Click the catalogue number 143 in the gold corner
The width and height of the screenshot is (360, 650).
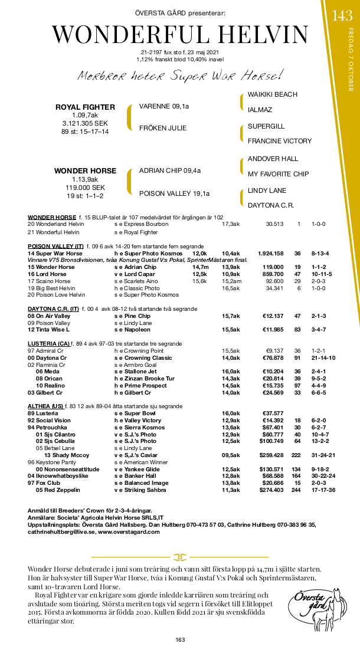pyautogui.click(x=342, y=16)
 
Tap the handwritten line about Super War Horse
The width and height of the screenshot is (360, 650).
pyautogui.click(x=179, y=76)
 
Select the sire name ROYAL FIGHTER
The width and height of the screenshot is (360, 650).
pyautogui.click(x=85, y=107)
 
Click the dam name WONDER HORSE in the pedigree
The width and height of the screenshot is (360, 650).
pyautogui.click(x=85, y=171)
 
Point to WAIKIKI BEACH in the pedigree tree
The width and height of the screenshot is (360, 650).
pyautogui.click(x=272, y=94)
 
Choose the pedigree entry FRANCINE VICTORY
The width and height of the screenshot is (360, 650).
pyautogui.click(x=279, y=141)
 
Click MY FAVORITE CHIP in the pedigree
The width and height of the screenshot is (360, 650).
pyautogui.click(x=278, y=174)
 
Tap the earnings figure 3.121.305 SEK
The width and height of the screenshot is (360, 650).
pyautogui.click(x=85, y=124)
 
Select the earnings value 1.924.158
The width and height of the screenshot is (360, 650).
pyautogui.click(x=270, y=254)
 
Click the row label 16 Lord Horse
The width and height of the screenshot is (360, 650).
pyautogui.click(x=47, y=274)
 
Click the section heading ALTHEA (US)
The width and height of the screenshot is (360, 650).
pyautogui.click(x=45, y=406)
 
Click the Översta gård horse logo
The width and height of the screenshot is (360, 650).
pyautogui.click(x=312, y=608)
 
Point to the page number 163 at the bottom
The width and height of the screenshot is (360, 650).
pyautogui.click(x=180, y=640)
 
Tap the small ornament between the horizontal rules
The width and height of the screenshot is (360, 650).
pyautogui.click(x=179, y=557)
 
